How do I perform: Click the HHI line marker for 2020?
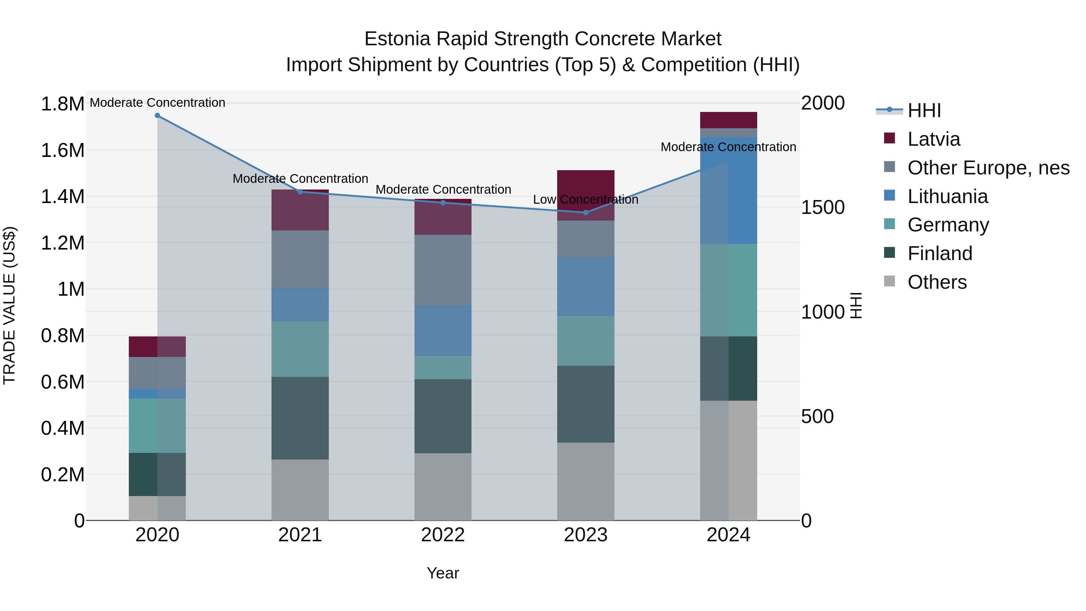[157, 115]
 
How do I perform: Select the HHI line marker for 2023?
[586, 212]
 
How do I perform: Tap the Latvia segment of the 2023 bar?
[586, 186]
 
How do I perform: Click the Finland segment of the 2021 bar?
[300, 418]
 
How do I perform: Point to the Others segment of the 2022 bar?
[443, 487]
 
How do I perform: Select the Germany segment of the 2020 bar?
[157, 425]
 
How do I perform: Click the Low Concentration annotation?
[586, 199]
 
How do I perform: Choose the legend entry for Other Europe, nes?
[988, 168]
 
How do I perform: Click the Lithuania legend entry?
[947, 196]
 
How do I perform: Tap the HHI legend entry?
[924, 110]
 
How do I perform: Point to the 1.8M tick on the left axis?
[62, 104]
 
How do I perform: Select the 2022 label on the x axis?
[443, 535]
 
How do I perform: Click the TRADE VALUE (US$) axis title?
[9, 305]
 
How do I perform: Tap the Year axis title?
[443, 573]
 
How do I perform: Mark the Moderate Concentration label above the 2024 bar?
[728, 147]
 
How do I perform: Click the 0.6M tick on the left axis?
[62, 382]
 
